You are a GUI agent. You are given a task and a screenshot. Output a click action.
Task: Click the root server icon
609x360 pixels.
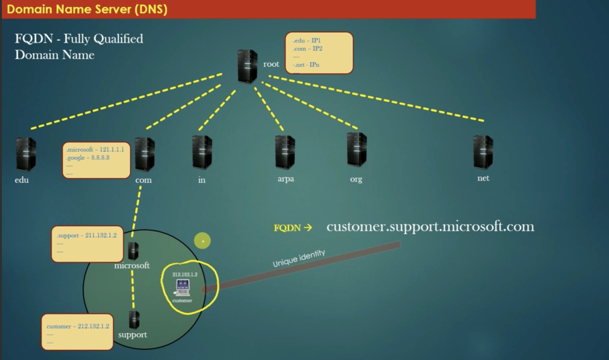[247, 66]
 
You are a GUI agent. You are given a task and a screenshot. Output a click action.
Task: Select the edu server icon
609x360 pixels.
[26, 154]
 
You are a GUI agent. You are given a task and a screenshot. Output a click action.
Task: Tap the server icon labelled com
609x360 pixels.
[144, 154]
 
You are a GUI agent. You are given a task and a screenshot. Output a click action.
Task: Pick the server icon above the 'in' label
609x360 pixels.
[202, 152]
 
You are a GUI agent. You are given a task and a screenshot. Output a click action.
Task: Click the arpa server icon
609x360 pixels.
[285, 152]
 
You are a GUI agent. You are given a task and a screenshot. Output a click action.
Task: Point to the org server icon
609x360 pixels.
[357, 150]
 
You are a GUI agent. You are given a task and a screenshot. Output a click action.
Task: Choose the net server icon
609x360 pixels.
[483, 152]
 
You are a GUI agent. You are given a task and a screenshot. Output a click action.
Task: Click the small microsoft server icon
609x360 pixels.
[133, 251]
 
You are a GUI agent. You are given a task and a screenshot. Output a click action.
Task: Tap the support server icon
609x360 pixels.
[134, 320]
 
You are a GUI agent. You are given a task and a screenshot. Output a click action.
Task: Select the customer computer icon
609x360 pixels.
[183, 287]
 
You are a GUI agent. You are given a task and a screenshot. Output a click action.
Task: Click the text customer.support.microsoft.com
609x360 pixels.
[430, 226]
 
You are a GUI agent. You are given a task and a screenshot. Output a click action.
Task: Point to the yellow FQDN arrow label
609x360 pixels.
[293, 228]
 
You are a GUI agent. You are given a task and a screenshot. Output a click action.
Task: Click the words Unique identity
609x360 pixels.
[299, 258]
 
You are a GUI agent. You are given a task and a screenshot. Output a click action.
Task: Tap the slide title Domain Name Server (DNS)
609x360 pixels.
[87, 9]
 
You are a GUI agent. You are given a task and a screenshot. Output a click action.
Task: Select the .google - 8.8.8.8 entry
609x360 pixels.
[88, 158]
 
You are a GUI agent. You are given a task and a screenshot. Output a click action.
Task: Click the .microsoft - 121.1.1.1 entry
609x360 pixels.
[95, 150]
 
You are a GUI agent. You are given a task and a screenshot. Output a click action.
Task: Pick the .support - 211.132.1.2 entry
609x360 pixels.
[87, 236]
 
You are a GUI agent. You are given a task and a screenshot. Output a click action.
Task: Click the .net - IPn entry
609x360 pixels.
[306, 65]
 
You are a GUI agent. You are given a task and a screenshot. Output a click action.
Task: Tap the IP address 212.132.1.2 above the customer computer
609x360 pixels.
[185, 274]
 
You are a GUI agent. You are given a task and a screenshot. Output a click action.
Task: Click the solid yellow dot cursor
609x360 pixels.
[202, 241]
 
